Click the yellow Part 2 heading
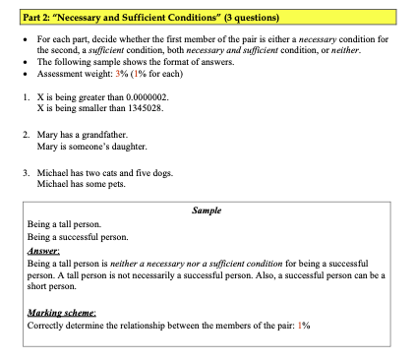tap(156, 18)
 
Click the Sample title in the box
tap(207, 211)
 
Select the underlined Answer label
tap(44, 252)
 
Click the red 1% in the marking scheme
tap(303, 325)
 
